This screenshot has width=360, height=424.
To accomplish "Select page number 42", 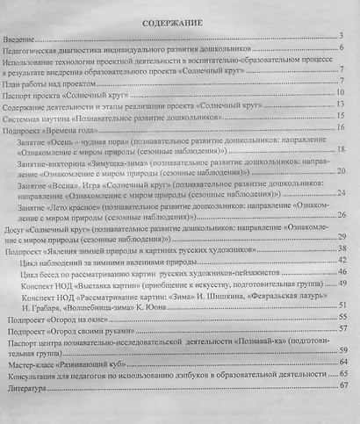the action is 344,262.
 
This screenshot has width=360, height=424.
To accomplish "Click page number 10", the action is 345,91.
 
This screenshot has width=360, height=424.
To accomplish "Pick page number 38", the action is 344,249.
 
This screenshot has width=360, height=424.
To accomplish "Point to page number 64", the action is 344,361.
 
